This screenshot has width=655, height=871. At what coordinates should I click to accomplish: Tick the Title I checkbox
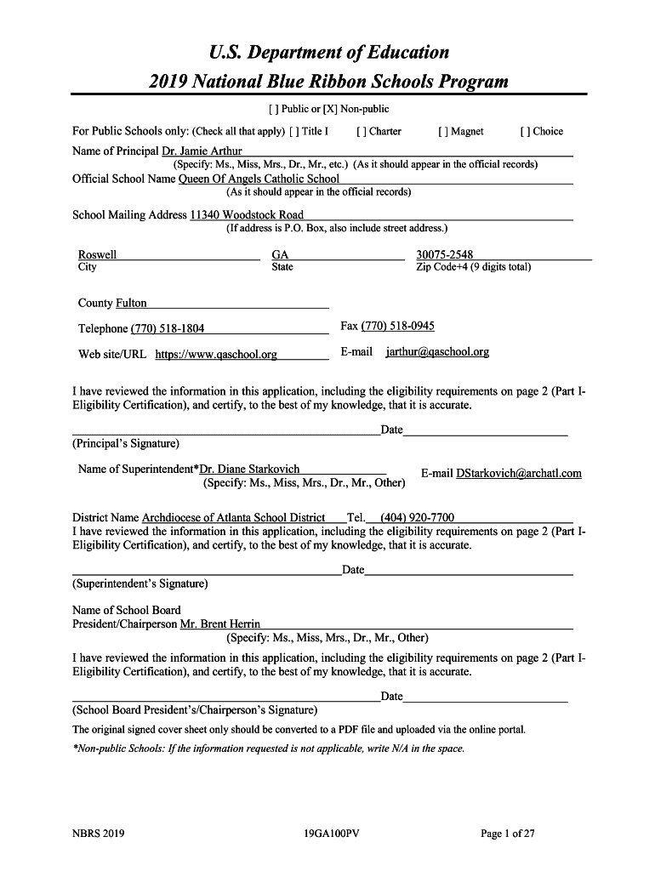[x=293, y=131]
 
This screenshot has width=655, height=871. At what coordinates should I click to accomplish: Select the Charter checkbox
[x=362, y=131]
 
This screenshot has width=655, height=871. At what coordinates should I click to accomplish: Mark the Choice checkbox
[x=525, y=131]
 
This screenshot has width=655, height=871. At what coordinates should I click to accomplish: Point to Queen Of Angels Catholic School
[x=259, y=179]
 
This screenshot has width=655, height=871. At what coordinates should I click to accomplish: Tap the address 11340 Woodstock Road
[x=247, y=215]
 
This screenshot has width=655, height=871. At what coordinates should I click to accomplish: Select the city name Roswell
[x=98, y=254]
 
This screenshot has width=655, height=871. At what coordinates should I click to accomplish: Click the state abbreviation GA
[x=280, y=254]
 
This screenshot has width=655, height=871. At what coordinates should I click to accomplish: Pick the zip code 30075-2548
[x=445, y=254]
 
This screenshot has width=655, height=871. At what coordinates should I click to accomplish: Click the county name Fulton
[x=131, y=303]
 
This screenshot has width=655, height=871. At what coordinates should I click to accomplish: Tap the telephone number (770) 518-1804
[x=168, y=329]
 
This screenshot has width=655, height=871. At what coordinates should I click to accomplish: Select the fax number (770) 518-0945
[x=398, y=326]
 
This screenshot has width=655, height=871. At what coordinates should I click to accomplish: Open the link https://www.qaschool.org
[x=216, y=355]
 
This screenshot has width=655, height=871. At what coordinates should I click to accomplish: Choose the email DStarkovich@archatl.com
[x=519, y=473]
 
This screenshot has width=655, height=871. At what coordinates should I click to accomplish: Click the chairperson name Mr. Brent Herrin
[x=220, y=624]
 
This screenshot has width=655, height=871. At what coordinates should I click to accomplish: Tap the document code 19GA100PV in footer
[x=332, y=834]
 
